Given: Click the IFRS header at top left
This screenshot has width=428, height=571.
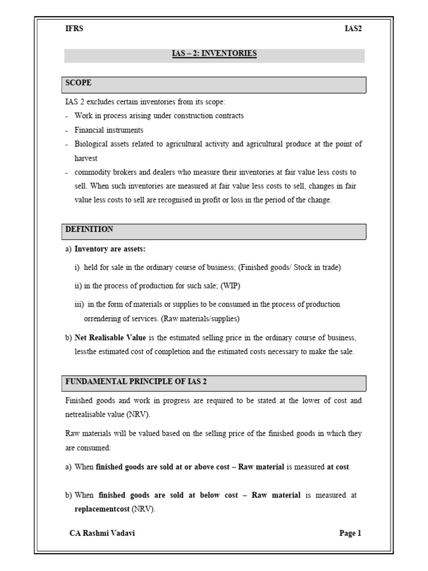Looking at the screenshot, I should [74, 29].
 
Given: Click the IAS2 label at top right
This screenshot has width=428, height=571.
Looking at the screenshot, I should [353, 29].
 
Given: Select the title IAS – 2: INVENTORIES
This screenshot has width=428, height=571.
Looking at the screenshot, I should [214, 54].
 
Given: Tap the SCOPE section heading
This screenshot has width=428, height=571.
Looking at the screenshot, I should [79, 83].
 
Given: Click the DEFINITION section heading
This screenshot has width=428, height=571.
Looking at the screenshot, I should [89, 230].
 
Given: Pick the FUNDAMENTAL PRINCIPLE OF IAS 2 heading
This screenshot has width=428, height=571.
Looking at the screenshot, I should [136, 381].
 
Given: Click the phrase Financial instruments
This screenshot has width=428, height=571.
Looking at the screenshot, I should [109, 130].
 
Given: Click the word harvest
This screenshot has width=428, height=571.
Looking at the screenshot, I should [86, 158].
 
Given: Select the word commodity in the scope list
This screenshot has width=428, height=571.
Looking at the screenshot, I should [93, 172].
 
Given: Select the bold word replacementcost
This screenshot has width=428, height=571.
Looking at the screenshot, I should [102, 509].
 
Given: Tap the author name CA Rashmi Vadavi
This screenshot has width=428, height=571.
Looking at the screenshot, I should [102, 533].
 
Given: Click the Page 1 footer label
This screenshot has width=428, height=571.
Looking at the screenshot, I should [350, 533].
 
